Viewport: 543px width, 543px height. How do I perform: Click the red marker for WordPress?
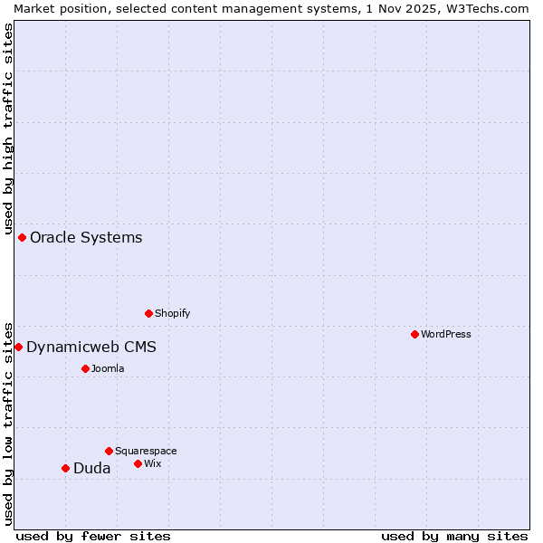(414, 334)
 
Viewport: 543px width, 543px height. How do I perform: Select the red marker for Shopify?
(148, 313)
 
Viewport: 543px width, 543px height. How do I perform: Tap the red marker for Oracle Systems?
(22, 237)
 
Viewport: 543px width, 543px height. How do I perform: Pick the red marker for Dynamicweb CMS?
(18, 347)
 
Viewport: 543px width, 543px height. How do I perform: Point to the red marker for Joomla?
(85, 368)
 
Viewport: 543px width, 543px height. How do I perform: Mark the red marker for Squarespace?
(109, 451)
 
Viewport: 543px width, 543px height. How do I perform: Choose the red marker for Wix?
(138, 463)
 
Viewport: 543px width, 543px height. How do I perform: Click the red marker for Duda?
(65, 468)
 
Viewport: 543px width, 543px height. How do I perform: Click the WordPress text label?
(446, 334)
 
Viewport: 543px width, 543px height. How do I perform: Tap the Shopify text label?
(173, 313)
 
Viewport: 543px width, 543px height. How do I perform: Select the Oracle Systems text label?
(86, 237)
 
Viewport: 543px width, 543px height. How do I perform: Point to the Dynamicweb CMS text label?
(91, 347)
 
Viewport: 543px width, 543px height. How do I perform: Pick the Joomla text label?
(108, 368)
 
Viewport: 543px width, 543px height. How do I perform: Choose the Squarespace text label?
(146, 451)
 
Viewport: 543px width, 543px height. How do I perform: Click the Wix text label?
(153, 463)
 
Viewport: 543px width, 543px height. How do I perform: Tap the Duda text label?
(92, 468)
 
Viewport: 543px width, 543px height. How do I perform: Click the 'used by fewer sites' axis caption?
(93, 536)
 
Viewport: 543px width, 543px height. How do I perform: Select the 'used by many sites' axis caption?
(454, 536)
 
